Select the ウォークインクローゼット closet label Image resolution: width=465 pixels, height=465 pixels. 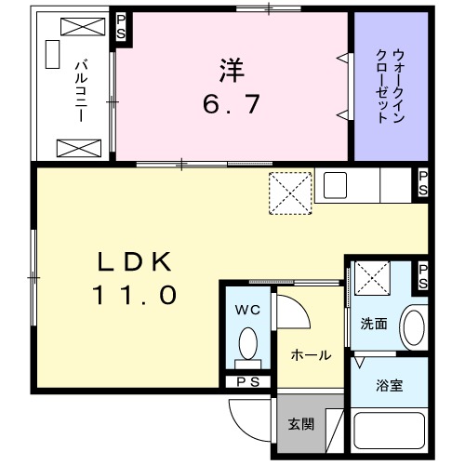tap(392, 86)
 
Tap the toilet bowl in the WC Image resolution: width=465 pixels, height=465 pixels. tap(247, 344)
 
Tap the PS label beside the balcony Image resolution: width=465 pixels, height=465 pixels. tap(120, 26)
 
